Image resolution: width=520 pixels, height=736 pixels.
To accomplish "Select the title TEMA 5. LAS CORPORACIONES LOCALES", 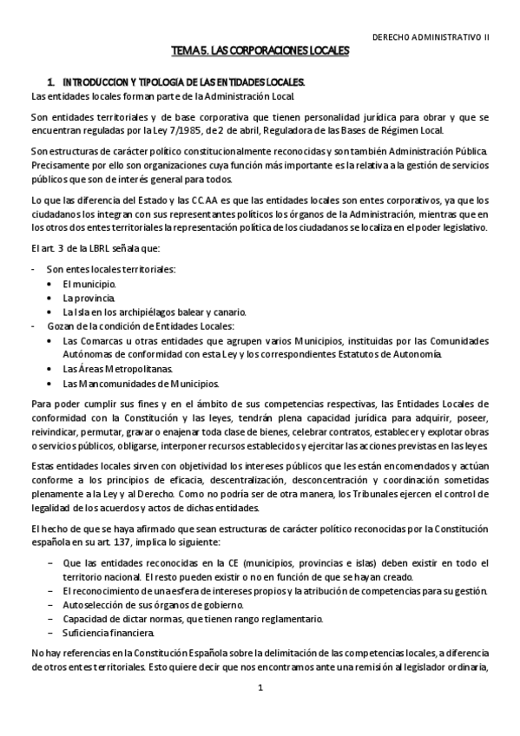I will click(x=260, y=52).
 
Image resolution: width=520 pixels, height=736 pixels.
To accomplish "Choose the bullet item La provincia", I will click(x=89, y=298).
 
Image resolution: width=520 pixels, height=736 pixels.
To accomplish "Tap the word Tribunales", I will click(x=376, y=495).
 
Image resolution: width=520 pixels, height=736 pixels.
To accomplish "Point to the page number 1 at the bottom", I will click(x=260, y=687).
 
